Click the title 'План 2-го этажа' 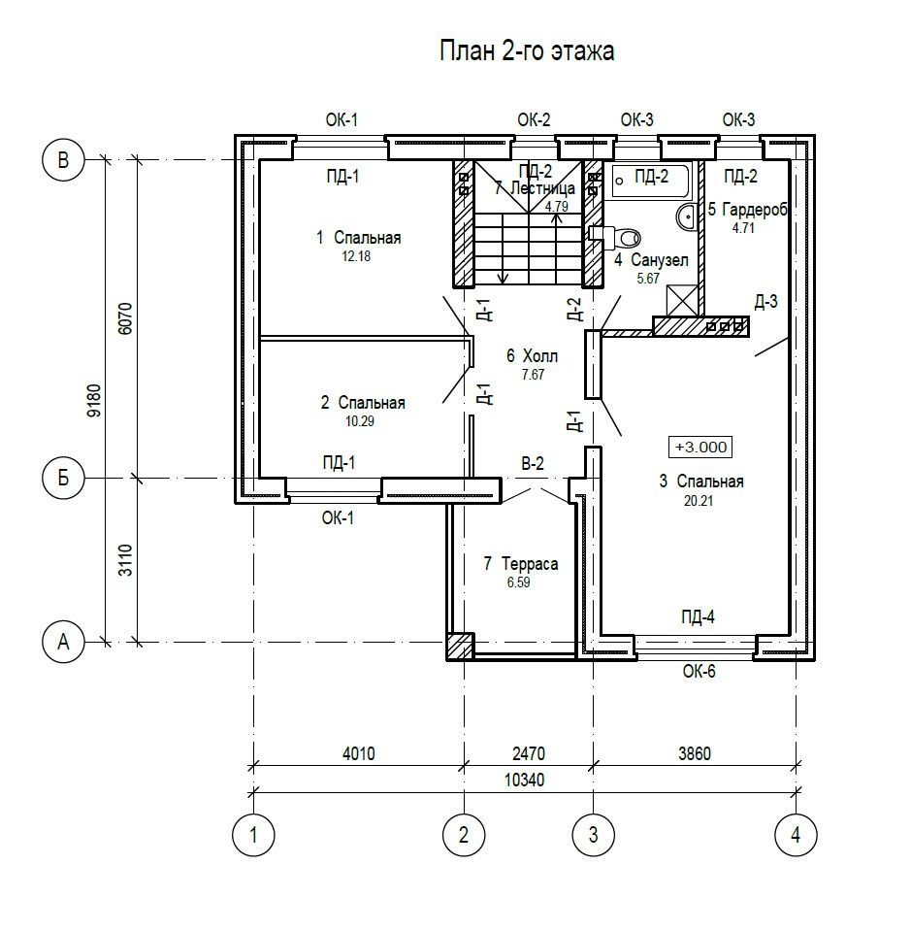pos(527,51)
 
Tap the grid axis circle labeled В pos(64,160)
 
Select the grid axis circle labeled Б pos(64,478)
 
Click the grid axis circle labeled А pos(64,641)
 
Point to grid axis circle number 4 pos(796,834)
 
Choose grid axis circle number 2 pos(464,834)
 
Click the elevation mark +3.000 pos(700,447)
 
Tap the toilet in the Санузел pos(622,235)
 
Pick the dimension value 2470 pos(529,754)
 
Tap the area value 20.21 pos(700,501)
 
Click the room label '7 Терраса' pos(521,563)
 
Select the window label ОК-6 pos(699,670)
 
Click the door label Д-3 pos(765,302)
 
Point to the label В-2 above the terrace pos(532,464)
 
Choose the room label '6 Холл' pos(533,355)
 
